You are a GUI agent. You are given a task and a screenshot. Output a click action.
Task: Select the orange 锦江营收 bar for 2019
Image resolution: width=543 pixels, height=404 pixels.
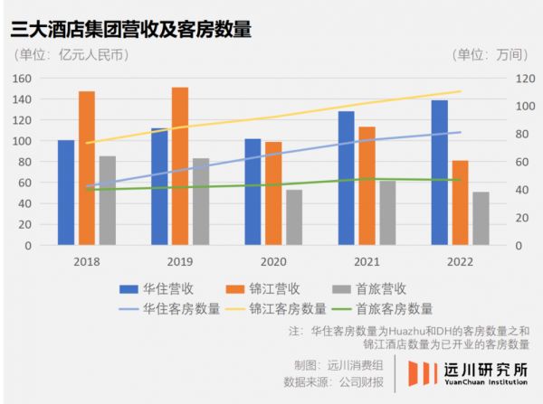click(180, 166)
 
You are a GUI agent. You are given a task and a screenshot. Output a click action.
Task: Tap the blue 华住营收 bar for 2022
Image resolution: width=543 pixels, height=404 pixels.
click(440, 173)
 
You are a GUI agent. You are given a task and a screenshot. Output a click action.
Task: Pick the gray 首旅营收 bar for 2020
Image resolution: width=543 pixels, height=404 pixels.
click(294, 217)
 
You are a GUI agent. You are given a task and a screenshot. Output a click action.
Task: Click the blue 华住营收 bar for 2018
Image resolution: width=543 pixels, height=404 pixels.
click(66, 193)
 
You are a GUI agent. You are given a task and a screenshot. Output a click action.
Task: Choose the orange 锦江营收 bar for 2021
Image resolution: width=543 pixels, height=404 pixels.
click(367, 185)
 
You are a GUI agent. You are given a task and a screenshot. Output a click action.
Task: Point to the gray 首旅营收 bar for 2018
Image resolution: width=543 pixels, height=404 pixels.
click(108, 201)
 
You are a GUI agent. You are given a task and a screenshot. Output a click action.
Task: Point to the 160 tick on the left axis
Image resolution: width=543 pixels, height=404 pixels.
click(21, 78)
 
